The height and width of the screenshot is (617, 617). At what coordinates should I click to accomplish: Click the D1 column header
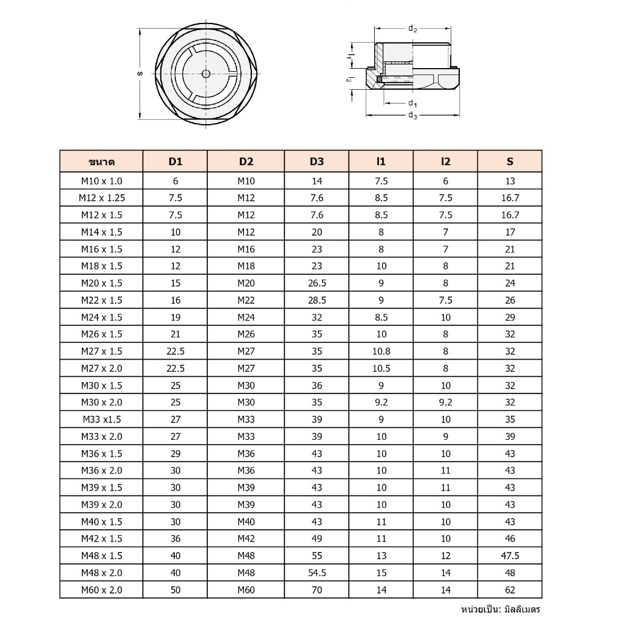coord(175,161)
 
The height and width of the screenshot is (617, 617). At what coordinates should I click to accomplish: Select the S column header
coord(510,161)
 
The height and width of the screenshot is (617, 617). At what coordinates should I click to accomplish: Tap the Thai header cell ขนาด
coord(101,161)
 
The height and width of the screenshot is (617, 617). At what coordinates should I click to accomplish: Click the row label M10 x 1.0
coord(101,181)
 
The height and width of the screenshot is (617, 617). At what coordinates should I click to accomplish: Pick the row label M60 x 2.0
coord(101,590)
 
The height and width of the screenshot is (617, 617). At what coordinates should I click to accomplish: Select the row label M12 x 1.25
coord(101,198)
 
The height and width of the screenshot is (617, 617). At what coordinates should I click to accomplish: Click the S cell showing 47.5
coord(510,556)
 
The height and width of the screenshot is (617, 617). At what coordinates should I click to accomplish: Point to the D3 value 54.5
coord(316,572)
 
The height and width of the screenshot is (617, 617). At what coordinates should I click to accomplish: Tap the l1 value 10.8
coord(381,351)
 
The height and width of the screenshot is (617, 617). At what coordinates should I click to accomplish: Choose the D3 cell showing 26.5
coord(316,283)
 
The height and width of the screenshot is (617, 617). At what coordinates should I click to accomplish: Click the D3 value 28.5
coord(316,300)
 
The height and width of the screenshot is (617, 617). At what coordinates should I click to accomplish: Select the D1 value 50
coord(175,590)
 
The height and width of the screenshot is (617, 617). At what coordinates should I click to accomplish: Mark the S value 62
coord(510,590)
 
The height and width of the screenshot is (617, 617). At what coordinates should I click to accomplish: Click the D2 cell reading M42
coord(246,539)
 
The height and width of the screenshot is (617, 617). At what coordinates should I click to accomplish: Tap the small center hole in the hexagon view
coord(206,74)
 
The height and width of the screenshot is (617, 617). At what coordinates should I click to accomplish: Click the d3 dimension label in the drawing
coord(413,115)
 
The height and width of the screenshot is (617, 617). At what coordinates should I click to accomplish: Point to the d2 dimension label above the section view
coord(413,28)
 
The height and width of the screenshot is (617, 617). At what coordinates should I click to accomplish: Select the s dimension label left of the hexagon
coord(140,74)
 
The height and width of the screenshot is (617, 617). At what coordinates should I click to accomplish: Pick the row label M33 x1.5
coord(101,419)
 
